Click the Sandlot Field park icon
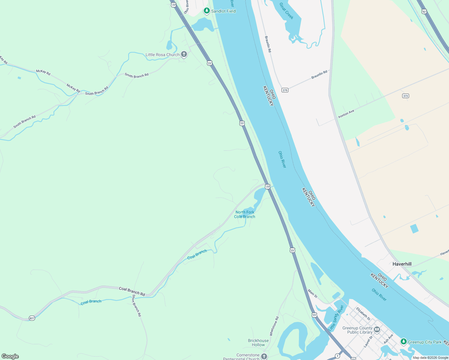click(x=206, y=11)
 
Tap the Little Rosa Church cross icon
click(x=184, y=55)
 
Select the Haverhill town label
click(x=402, y=264)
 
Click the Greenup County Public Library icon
click(x=377, y=330)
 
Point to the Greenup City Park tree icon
click(x=404, y=342)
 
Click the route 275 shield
click(x=285, y=90)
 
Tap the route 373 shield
click(x=406, y=96)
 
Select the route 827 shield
click(x=32, y=318)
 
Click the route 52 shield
click(x=424, y=11)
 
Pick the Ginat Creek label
click(x=286, y=11)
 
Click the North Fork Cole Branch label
click(x=245, y=214)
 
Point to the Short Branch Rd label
click(x=137, y=305)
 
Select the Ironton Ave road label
click(x=346, y=114)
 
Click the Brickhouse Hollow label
click(x=258, y=343)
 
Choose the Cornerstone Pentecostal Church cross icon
click(x=264, y=356)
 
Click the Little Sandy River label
click(x=336, y=318)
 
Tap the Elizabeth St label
click(x=363, y=313)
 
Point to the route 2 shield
click(x=338, y=356)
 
